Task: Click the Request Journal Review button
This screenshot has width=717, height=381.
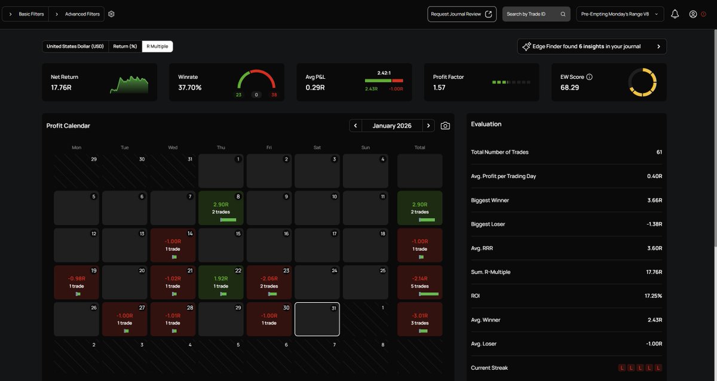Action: point(461,14)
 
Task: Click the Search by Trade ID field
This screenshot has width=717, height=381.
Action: point(536,14)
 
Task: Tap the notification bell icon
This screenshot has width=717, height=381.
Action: point(675,14)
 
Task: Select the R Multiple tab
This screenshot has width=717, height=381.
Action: point(157,47)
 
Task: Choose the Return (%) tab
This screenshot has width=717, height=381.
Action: point(125,47)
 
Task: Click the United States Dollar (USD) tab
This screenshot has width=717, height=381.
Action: point(75,47)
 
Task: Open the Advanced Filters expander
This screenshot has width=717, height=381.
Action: point(77,14)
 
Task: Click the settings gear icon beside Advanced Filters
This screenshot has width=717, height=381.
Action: point(111,14)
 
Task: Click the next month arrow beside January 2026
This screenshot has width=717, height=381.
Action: point(428,126)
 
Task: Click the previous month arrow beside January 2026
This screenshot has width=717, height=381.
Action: point(356,126)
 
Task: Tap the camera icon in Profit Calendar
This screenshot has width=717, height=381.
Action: point(445,126)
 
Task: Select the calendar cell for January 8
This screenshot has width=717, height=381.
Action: point(221,208)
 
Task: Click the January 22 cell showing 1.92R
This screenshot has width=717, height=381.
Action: point(221,282)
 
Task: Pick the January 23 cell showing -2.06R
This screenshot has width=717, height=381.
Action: point(269,282)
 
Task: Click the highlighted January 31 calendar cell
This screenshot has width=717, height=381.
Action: point(317,319)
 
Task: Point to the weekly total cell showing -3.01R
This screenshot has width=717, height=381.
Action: point(419,319)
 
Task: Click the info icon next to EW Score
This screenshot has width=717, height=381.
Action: point(589,77)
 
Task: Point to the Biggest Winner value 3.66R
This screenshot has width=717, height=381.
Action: point(655,200)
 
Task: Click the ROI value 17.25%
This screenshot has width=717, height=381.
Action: point(653,296)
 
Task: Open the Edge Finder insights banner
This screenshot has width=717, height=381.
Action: point(592,47)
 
